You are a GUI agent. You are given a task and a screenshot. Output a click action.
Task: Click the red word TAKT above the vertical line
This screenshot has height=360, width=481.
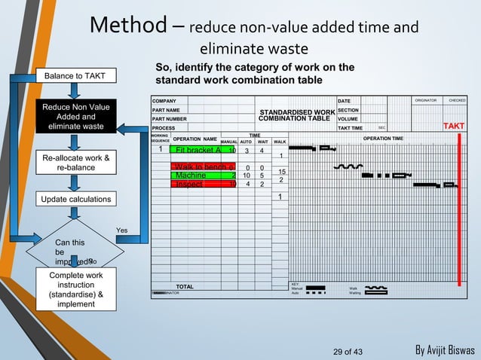tap(455, 125)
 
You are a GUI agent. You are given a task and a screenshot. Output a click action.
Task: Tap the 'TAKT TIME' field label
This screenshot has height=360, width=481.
tap(351, 128)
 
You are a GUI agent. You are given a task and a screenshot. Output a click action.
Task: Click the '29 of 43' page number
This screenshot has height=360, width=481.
tap(348, 351)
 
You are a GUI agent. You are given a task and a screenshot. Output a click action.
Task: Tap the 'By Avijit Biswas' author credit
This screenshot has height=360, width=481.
tap(446, 351)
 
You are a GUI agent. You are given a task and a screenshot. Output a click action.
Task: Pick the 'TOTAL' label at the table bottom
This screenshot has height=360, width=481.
tap(185, 287)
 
